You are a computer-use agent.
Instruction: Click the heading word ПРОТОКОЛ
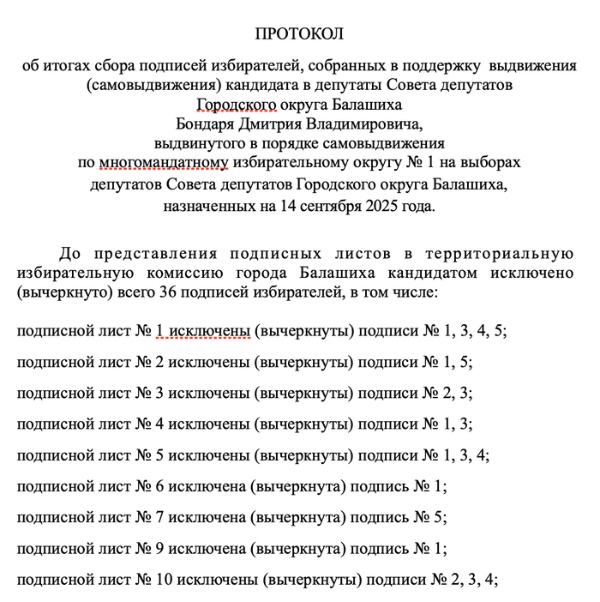coord(299,34)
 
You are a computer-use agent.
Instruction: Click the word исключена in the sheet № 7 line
coord(205,517)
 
